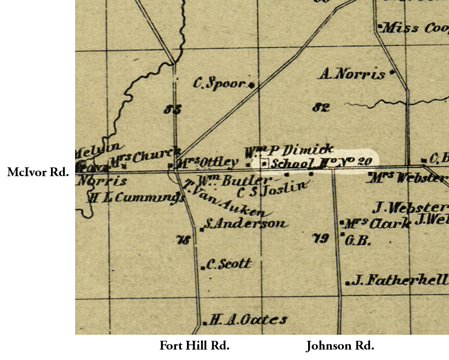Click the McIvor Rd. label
coord(38,172)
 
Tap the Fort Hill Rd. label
coord(194,346)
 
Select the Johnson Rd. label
coord(340,346)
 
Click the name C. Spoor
coord(218,83)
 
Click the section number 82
coord(321,107)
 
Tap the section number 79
coord(320,238)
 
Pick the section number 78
coord(183,240)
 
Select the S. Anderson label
coord(246,224)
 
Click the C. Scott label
coord(229,265)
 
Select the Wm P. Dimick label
coord(288,150)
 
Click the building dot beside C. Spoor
coord(251,85)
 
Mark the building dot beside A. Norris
coord(392,72)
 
